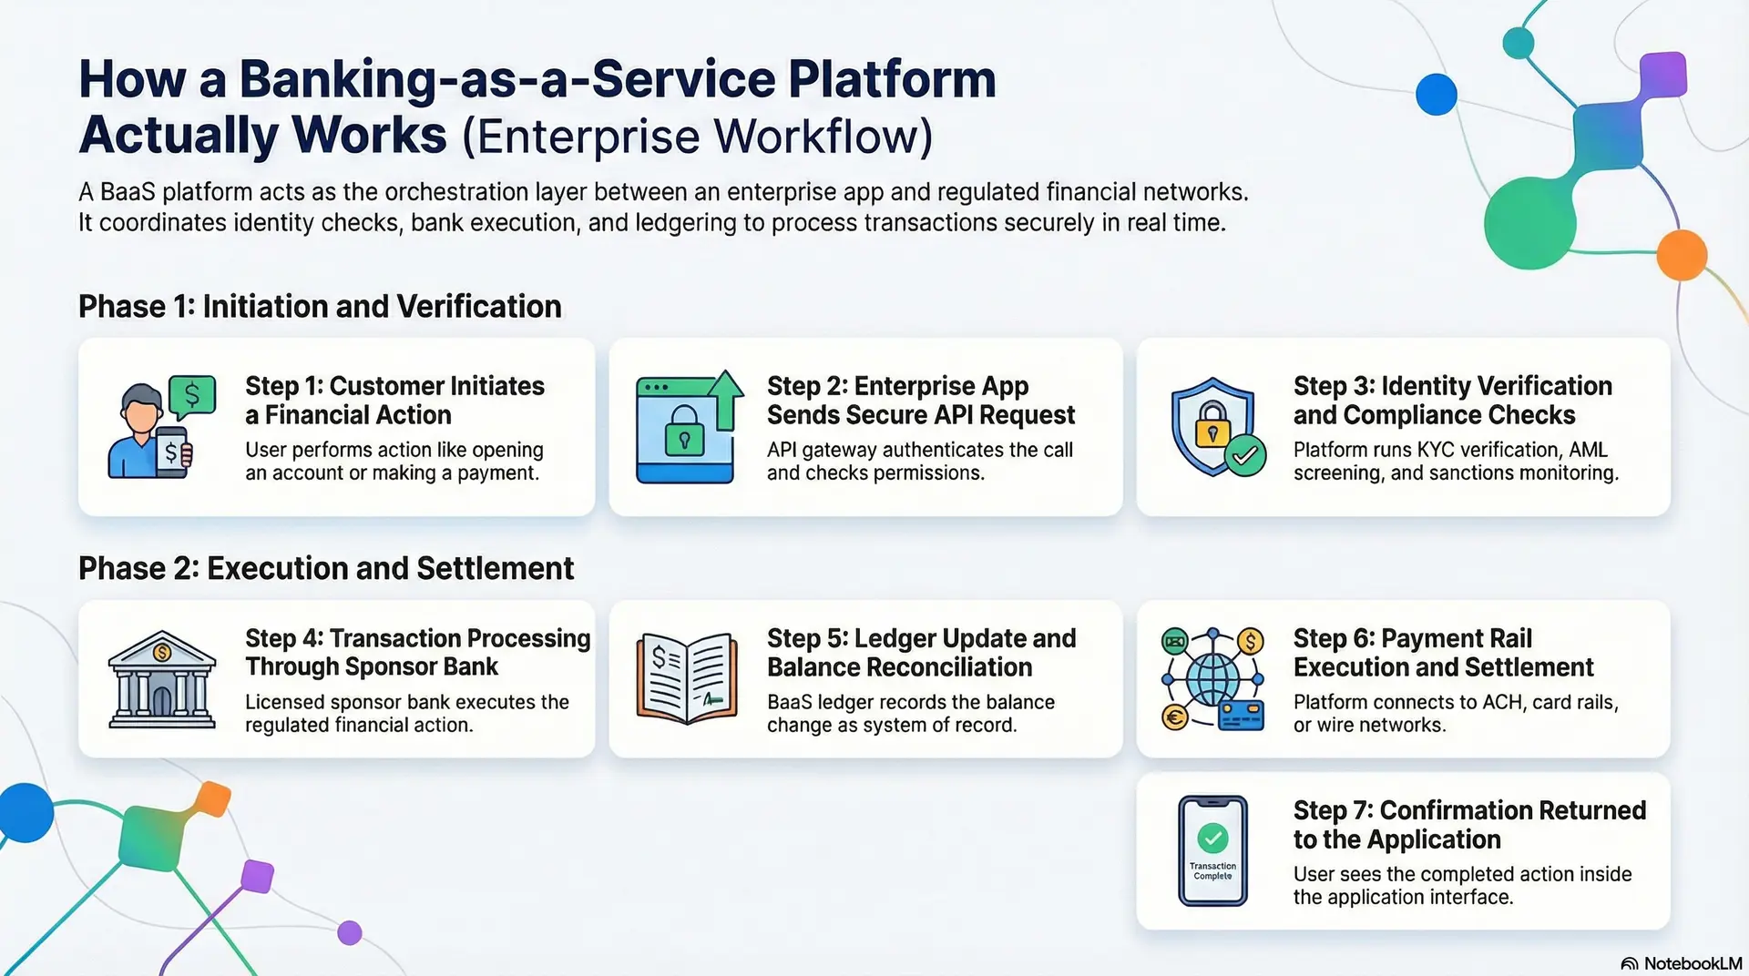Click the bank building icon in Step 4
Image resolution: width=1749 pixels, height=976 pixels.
coord(162,679)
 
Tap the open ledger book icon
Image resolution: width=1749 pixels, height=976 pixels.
coord(686,678)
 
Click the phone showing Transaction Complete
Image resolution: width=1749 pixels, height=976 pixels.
coord(1212,850)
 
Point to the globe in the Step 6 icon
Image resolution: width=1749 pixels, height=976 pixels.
coord(1212,679)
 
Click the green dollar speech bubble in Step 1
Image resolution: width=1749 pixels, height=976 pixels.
coord(192,396)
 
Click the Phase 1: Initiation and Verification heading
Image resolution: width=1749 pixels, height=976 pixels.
coord(320,307)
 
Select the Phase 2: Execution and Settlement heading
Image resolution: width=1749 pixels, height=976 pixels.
coord(326,568)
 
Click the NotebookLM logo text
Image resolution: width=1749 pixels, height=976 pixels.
coord(1692,963)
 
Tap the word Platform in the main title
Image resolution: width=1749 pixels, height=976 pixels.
coord(892,80)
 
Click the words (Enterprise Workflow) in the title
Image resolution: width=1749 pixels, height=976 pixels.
coord(697,137)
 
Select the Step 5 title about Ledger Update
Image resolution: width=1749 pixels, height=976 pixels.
coord(921,652)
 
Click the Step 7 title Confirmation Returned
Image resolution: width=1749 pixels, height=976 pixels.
coord(1468,824)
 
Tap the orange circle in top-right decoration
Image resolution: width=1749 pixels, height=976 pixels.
coord(1681,255)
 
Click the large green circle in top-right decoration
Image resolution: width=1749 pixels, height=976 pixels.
coord(1529,223)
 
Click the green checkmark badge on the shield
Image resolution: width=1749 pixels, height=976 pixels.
coord(1245,455)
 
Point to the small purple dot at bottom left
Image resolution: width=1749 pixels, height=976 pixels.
coord(350,932)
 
